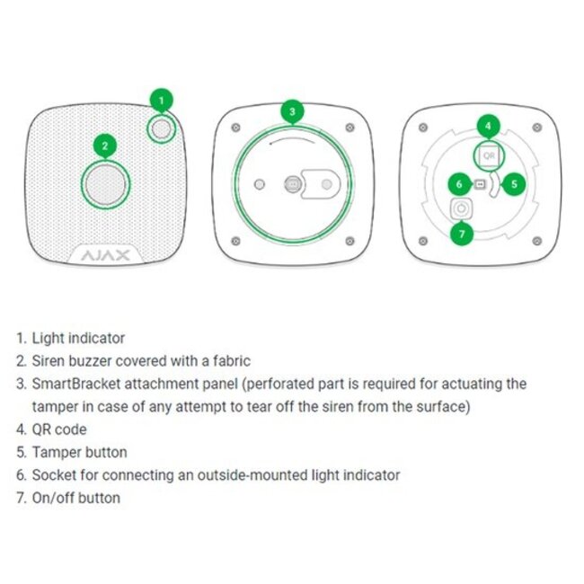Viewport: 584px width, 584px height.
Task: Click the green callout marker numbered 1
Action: [x=162, y=100]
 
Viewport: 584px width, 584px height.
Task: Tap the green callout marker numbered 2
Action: [x=105, y=146]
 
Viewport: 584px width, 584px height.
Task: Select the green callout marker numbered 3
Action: [x=291, y=112]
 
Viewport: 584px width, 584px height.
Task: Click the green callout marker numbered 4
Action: [x=488, y=127]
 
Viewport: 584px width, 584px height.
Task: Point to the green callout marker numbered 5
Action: [x=514, y=183]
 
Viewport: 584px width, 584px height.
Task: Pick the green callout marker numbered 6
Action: [x=458, y=184]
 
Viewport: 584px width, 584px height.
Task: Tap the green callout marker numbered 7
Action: [x=463, y=234]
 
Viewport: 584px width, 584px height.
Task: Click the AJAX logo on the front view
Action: [x=106, y=256]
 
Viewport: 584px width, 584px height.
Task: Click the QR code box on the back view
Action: [x=488, y=155]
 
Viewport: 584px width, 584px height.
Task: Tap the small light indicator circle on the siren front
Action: [x=162, y=130]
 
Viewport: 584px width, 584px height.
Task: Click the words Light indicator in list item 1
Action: [x=78, y=339]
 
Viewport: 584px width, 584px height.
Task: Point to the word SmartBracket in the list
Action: [x=71, y=384]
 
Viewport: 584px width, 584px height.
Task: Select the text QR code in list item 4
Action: [x=59, y=429]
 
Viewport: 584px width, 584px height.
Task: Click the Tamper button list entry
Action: [x=79, y=452]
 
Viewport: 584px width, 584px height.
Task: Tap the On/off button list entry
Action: [x=75, y=497]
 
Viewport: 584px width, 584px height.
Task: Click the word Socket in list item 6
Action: [x=52, y=474]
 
